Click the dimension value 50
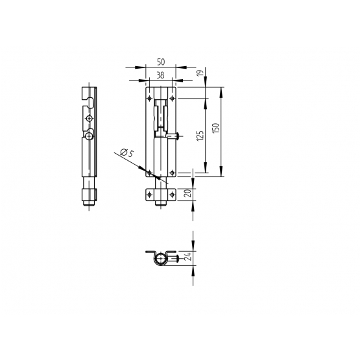click(x=161, y=62)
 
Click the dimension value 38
click(x=160, y=75)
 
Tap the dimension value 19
click(x=200, y=73)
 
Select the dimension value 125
click(x=200, y=136)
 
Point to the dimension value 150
click(x=216, y=128)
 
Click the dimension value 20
click(x=188, y=193)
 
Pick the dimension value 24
click(x=188, y=256)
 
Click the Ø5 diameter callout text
click(x=126, y=152)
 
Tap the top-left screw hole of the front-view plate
click(x=150, y=99)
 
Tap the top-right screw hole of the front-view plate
click(x=172, y=99)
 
